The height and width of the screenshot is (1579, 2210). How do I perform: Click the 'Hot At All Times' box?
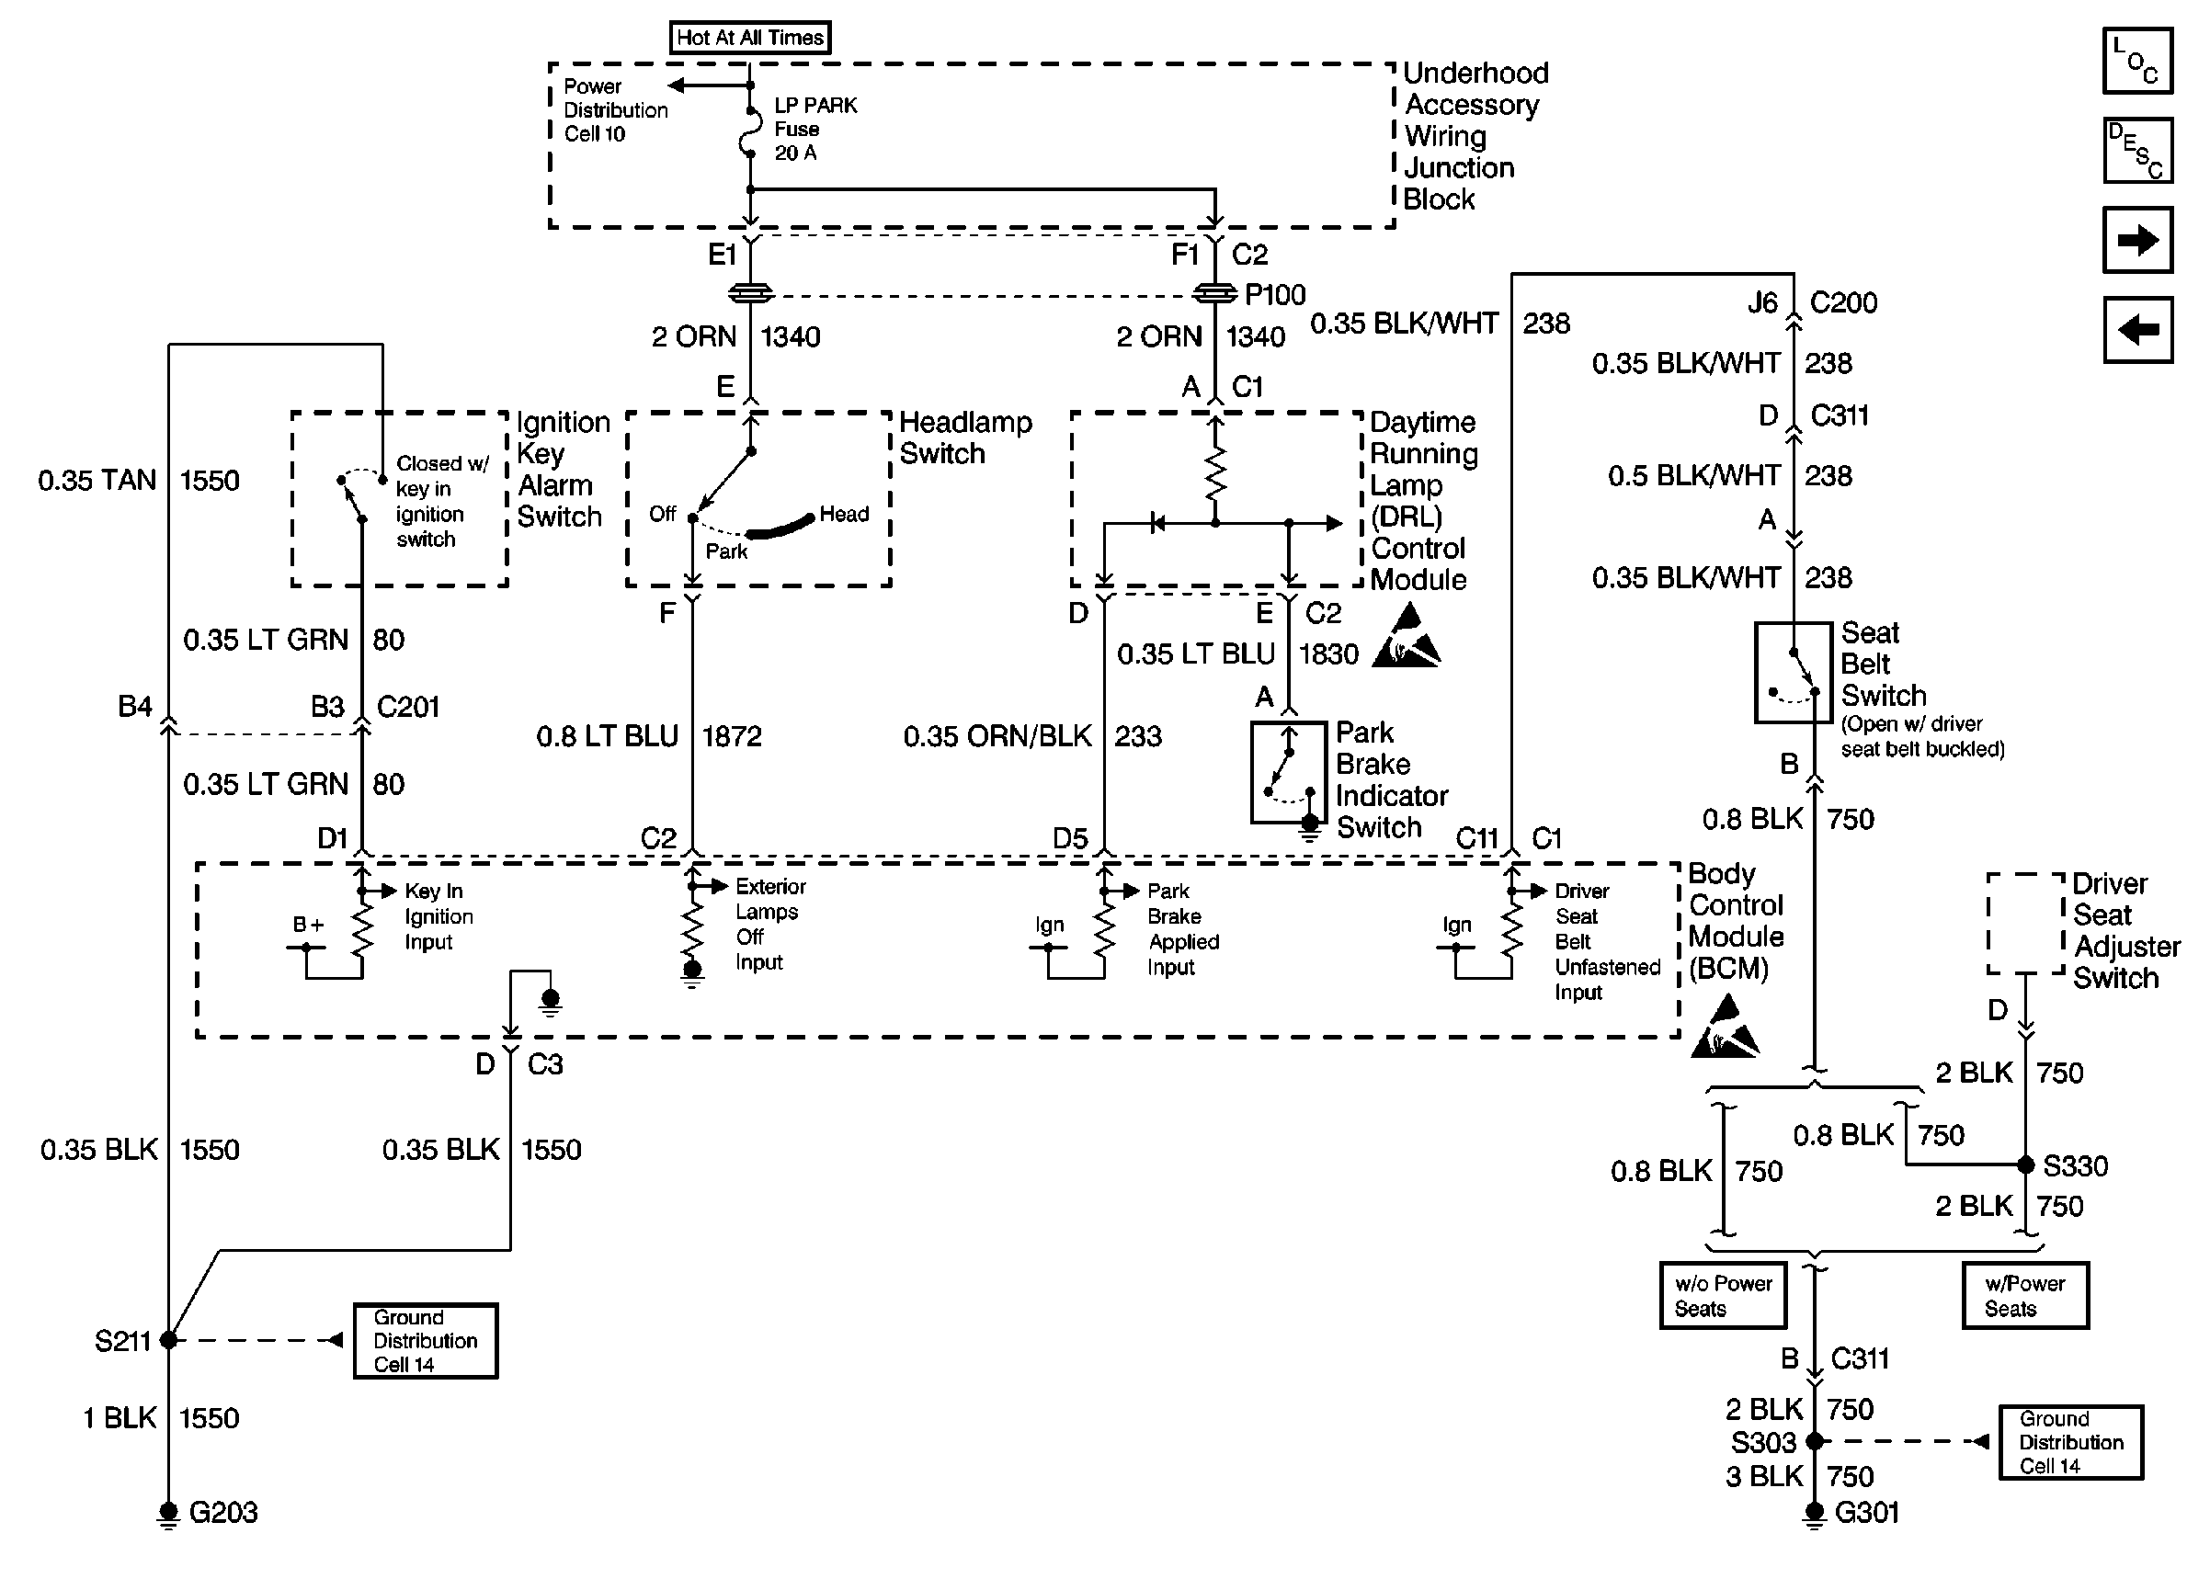click(749, 38)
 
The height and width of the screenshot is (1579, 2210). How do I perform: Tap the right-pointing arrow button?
click(2137, 239)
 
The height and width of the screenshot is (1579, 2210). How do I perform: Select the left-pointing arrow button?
click(2137, 330)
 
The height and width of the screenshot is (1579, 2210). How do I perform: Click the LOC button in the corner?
click(2137, 61)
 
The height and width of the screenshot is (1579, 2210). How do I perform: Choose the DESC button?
click(2137, 150)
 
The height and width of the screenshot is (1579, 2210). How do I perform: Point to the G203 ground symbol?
click(168, 1514)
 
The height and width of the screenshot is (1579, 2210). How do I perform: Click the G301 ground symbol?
click(1815, 1514)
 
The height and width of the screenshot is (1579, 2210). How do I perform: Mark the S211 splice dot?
click(168, 1340)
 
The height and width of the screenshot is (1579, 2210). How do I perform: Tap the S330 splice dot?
click(2026, 1164)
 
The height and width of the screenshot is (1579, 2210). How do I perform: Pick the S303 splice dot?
click(1815, 1441)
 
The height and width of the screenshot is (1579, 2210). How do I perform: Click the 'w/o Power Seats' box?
click(1723, 1295)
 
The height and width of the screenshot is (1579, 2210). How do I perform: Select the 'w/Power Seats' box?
click(2025, 1295)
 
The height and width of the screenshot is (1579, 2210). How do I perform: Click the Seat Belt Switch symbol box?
click(1793, 673)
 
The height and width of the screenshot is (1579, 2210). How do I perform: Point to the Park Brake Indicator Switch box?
click(1288, 772)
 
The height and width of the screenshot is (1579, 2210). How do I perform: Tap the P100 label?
click(1275, 295)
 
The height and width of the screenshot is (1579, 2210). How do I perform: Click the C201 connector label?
click(407, 707)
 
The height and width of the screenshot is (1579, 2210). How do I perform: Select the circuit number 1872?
click(731, 736)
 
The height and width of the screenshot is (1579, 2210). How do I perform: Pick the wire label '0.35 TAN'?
click(97, 481)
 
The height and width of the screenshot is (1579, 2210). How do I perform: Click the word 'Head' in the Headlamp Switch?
click(844, 514)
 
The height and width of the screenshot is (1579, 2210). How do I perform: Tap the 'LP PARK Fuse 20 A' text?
click(815, 130)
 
